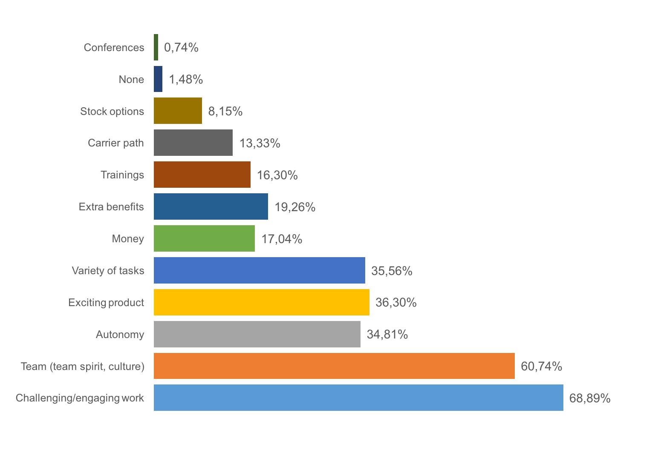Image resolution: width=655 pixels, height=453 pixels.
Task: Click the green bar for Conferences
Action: click(156, 47)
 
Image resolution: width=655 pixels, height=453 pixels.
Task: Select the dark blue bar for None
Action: click(158, 79)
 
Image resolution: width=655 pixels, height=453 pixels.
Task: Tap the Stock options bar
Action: click(178, 111)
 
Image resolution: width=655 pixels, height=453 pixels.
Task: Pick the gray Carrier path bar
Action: click(193, 143)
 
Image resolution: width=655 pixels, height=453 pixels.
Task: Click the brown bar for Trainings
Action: click(202, 175)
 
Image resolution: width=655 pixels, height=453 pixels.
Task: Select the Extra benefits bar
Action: click(211, 206)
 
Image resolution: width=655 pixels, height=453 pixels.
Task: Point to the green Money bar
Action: click(204, 238)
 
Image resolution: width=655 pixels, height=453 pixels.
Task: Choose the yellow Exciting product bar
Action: click(262, 302)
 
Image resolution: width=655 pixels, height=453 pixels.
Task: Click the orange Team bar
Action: click(334, 366)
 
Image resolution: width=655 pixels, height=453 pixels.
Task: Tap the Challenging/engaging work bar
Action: click(358, 398)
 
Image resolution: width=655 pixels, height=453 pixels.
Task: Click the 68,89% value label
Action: click(590, 398)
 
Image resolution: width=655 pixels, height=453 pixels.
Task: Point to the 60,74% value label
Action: click(541, 366)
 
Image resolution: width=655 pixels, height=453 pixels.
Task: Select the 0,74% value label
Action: click(181, 47)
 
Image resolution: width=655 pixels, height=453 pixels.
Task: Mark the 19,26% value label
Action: click(295, 207)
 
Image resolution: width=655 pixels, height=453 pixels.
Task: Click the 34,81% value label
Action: click(387, 334)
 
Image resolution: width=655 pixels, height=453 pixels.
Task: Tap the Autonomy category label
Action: click(120, 334)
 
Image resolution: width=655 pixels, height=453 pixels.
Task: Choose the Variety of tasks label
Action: click(108, 270)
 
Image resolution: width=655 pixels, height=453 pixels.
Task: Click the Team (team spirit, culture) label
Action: click(82, 366)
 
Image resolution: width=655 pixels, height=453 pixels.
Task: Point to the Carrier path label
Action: click(115, 143)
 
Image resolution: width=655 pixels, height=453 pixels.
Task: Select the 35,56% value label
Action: click(392, 271)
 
